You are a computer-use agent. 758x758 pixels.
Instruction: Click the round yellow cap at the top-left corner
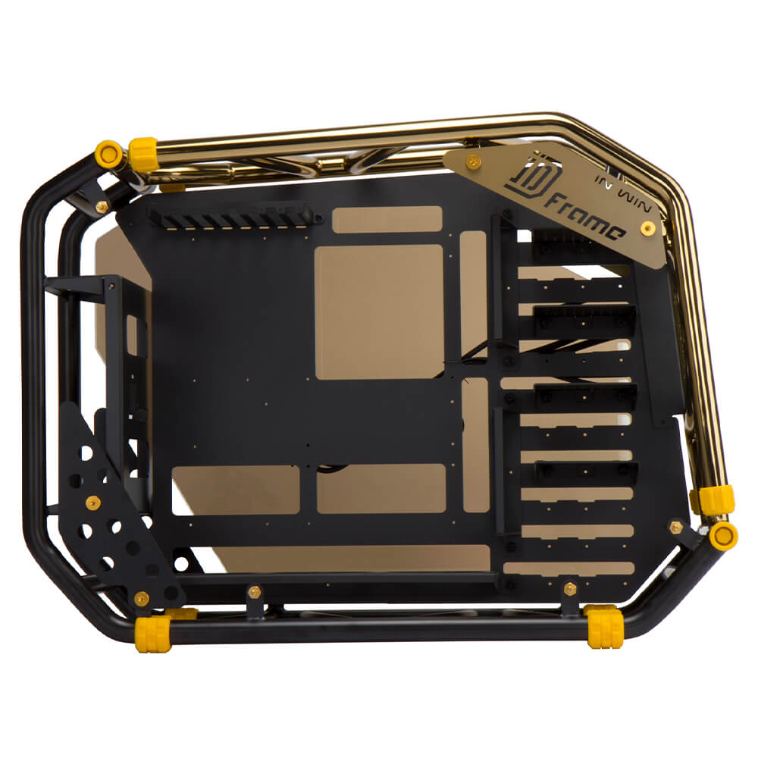tap(108, 154)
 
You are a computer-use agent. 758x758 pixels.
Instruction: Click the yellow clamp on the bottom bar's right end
tap(605, 627)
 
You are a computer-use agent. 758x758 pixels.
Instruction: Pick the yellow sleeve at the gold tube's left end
tap(143, 155)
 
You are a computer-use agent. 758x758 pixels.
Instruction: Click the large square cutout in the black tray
tap(379, 312)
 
